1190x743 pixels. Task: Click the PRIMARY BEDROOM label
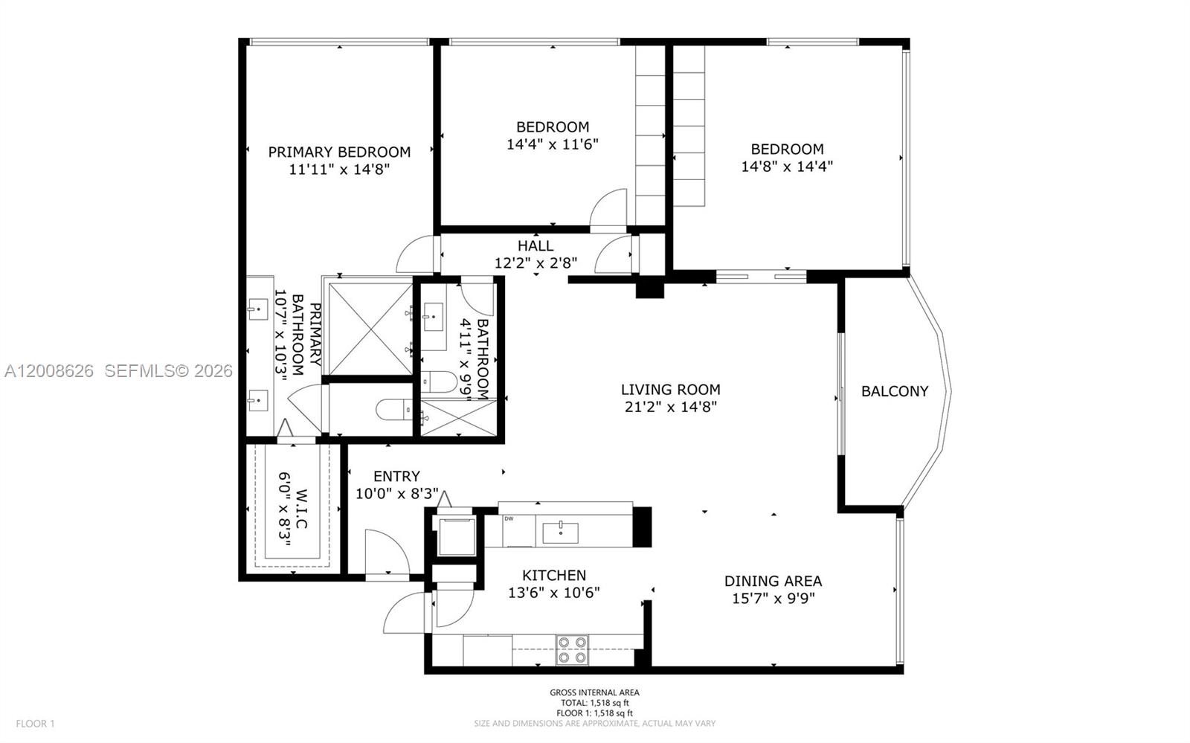coord(339,152)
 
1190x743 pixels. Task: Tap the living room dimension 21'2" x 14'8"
coord(670,407)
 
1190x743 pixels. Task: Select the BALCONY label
coord(895,391)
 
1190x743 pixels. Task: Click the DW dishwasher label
coord(509,519)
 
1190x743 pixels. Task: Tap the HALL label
coord(535,245)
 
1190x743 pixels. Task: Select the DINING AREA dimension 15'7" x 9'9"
coord(773,599)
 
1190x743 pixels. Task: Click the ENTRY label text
coord(396,476)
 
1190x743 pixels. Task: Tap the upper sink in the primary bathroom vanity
coord(257,308)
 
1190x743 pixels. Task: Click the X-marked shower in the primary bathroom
coord(370,328)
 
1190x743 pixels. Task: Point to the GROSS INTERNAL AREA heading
coord(594,692)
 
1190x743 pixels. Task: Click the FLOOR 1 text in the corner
coord(36,723)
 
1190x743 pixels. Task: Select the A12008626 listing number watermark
coord(49,370)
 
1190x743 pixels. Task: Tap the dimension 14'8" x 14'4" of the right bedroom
coord(787,167)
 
